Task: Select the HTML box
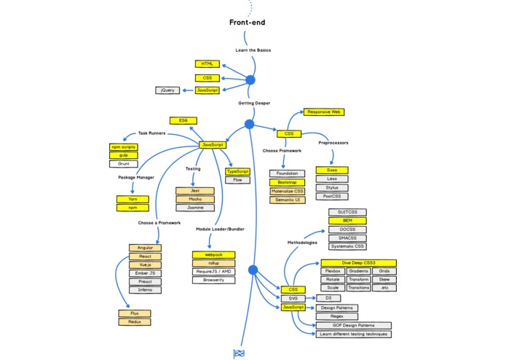tap(207, 64)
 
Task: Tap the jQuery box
tap(167, 90)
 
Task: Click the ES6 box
tap(183, 120)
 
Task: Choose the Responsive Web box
tap(324, 112)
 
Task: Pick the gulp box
tap(123, 155)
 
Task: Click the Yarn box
tap(133, 199)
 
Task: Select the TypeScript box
tap(237, 171)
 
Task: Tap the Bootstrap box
tap(287, 182)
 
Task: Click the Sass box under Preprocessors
tap(331, 170)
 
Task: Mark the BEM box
tap(347, 220)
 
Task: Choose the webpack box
tap(213, 254)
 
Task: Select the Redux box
tap(135, 321)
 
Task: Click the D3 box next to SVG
tap(328, 298)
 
